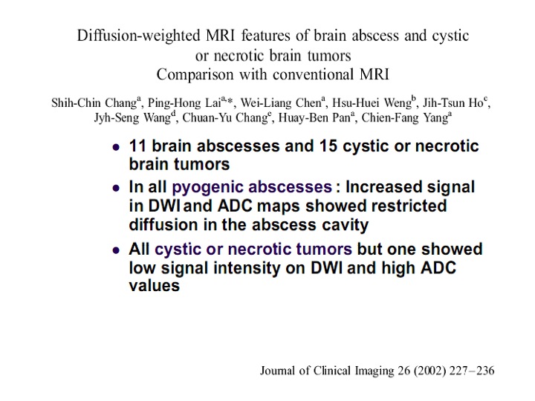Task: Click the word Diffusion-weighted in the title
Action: coord(138,36)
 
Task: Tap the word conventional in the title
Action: coord(314,75)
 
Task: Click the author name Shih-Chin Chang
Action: coord(94,103)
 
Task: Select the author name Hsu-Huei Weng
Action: coord(372,103)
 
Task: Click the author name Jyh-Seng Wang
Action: coord(132,118)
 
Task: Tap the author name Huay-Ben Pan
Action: coord(314,118)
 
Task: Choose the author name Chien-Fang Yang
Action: coord(405,118)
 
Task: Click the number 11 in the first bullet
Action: coord(137,146)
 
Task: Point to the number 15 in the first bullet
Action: coord(328,146)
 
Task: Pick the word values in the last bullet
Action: coord(155,286)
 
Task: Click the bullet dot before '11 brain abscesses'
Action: coord(117,147)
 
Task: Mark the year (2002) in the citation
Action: coord(429,371)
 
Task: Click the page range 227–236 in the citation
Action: coord(472,371)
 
